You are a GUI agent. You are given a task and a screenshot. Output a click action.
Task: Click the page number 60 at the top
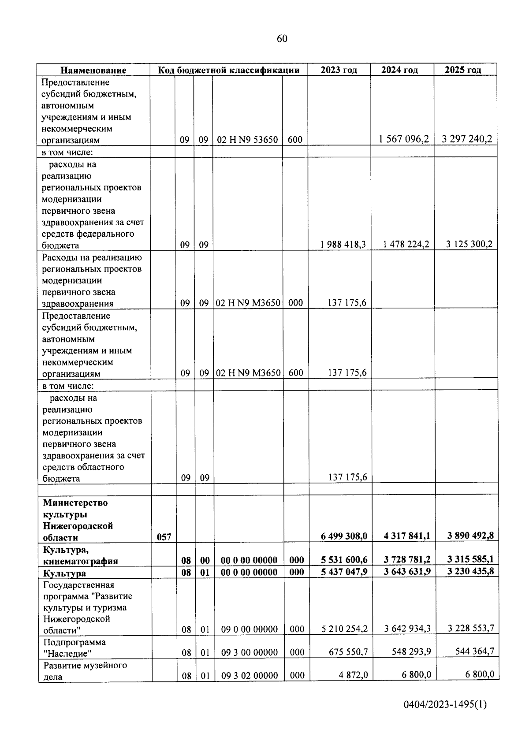tap(282, 39)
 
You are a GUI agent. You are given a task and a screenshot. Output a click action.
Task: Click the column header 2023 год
tap(339, 70)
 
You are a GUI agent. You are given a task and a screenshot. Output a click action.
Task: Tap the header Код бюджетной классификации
tap(229, 70)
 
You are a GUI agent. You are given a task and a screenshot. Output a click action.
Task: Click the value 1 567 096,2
tap(404, 139)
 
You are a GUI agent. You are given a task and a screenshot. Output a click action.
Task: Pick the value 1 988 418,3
tap(342, 244)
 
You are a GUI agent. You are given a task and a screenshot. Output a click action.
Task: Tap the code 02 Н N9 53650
tap(247, 140)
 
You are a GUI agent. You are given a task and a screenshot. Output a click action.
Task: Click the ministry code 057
tap(164, 537)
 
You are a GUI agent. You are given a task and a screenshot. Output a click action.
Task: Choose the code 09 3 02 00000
tap(249, 675)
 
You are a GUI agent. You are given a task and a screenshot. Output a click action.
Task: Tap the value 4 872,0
tap(353, 675)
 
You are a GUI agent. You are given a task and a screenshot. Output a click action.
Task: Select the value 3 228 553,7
tap(470, 629)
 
